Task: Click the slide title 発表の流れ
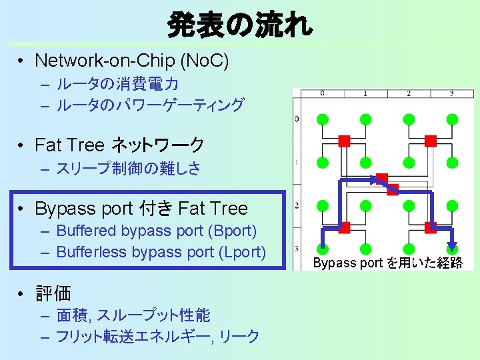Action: [x=240, y=25]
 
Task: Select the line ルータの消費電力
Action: [x=117, y=85]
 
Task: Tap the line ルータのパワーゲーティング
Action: [x=150, y=105]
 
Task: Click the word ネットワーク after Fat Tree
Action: [x=158, y=145]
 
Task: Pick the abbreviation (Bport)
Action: [x=233, y=231]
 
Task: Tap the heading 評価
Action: [x=53, y=293]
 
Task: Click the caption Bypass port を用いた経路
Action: [x=387, y=263]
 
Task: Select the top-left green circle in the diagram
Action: [x=322, y=119]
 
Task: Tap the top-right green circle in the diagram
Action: [x=452, y=119]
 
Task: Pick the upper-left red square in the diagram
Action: [x=344, y=141]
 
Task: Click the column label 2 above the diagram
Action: [x=409, y=93]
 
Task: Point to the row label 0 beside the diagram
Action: [x=297, y=119]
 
